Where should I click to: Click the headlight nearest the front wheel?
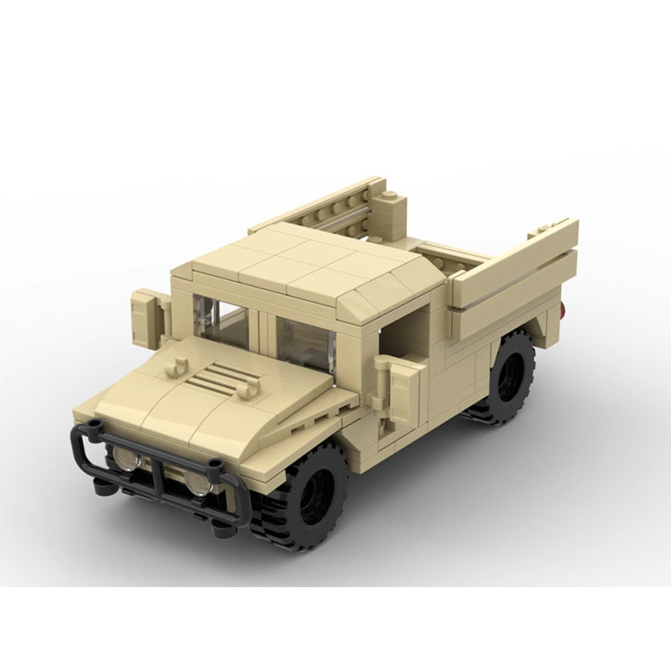tap(199, 483)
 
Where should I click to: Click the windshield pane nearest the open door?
tap(306, 339)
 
